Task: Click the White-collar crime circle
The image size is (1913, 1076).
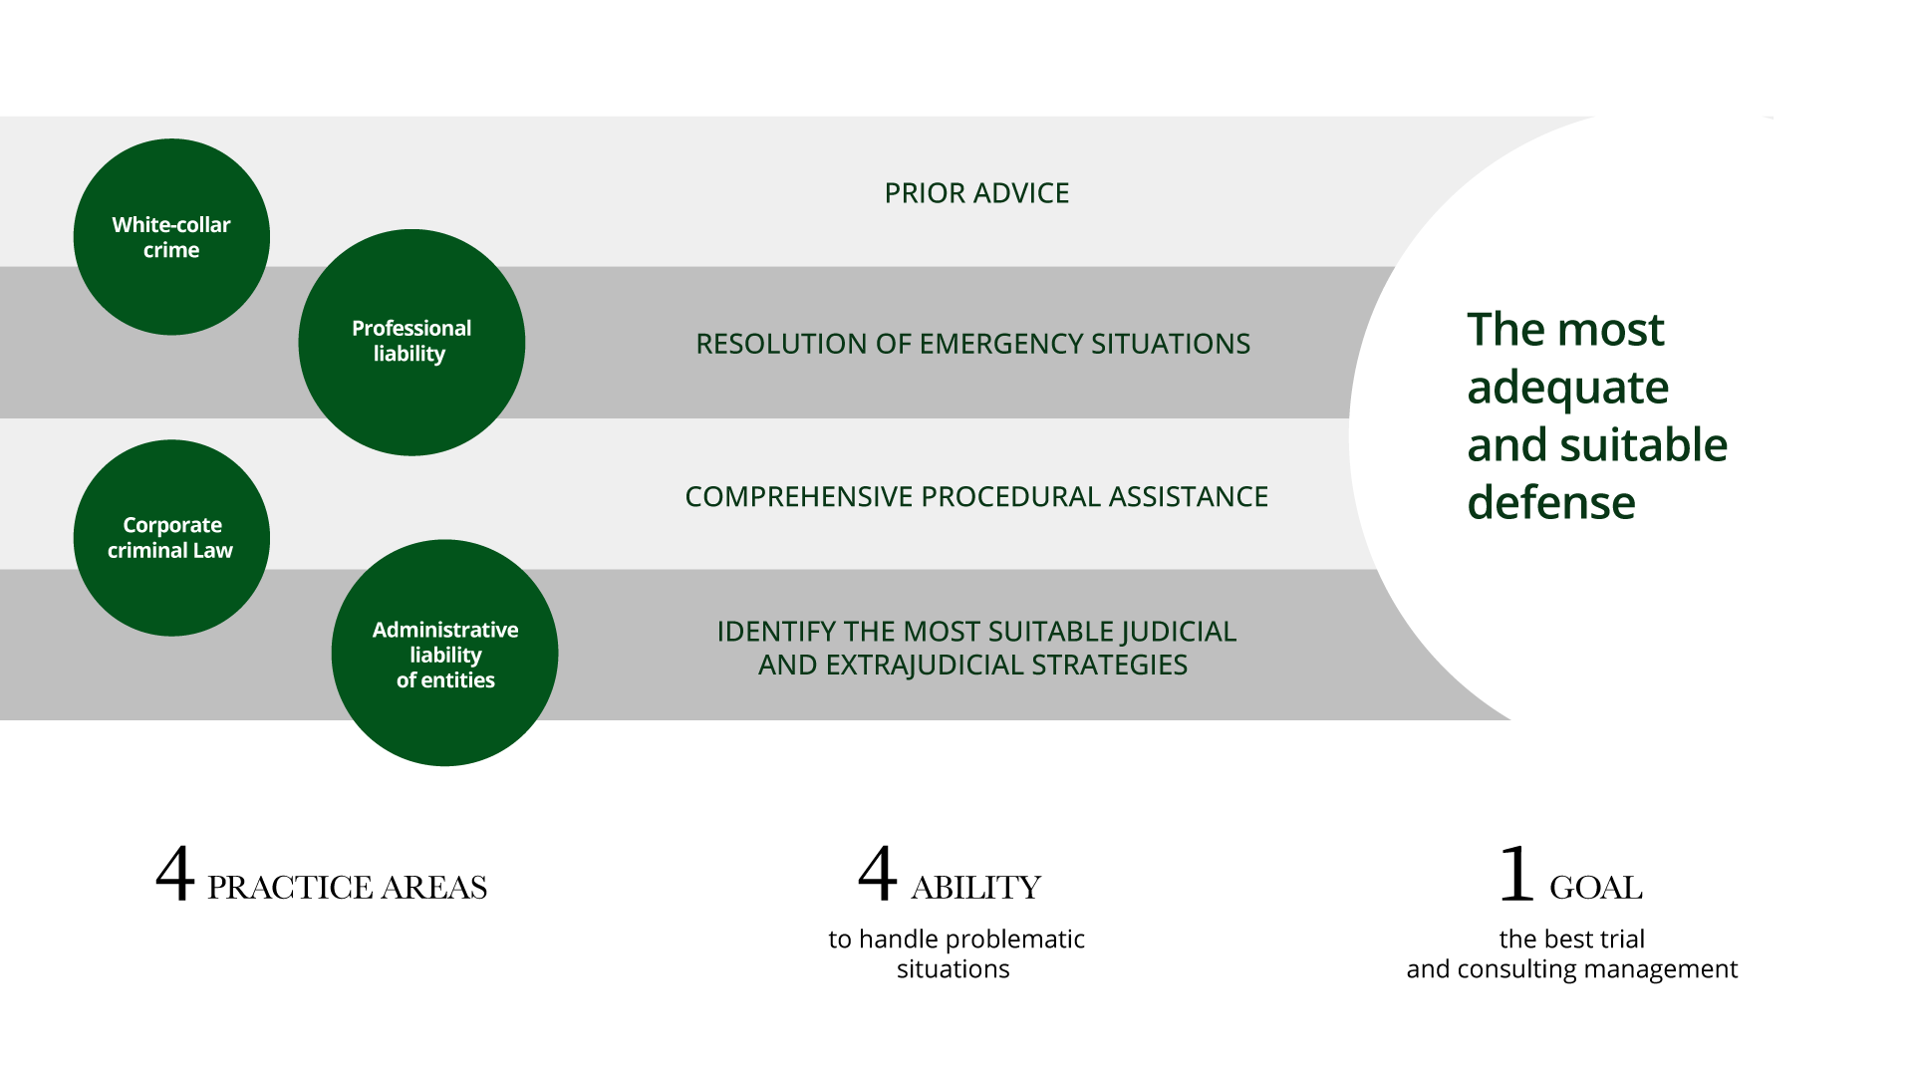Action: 171,237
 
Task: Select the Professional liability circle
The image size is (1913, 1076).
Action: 411,343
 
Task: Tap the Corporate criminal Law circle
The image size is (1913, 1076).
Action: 171,538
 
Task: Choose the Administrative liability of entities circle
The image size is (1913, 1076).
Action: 444,653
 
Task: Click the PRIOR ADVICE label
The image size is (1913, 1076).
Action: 976,193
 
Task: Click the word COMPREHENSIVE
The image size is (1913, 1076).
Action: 799,496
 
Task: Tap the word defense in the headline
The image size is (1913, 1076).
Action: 1551,502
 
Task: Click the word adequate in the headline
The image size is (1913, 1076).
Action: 1567,389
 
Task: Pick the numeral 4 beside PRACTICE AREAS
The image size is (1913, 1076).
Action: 174,874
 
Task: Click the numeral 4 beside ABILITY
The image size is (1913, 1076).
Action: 877,874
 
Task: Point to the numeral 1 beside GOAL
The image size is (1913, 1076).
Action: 1516,874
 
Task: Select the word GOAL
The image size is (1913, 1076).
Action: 1595,888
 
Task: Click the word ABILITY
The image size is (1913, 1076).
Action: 975,888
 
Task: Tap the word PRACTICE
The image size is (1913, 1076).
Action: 290,888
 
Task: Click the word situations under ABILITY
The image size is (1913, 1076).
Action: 953,969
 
